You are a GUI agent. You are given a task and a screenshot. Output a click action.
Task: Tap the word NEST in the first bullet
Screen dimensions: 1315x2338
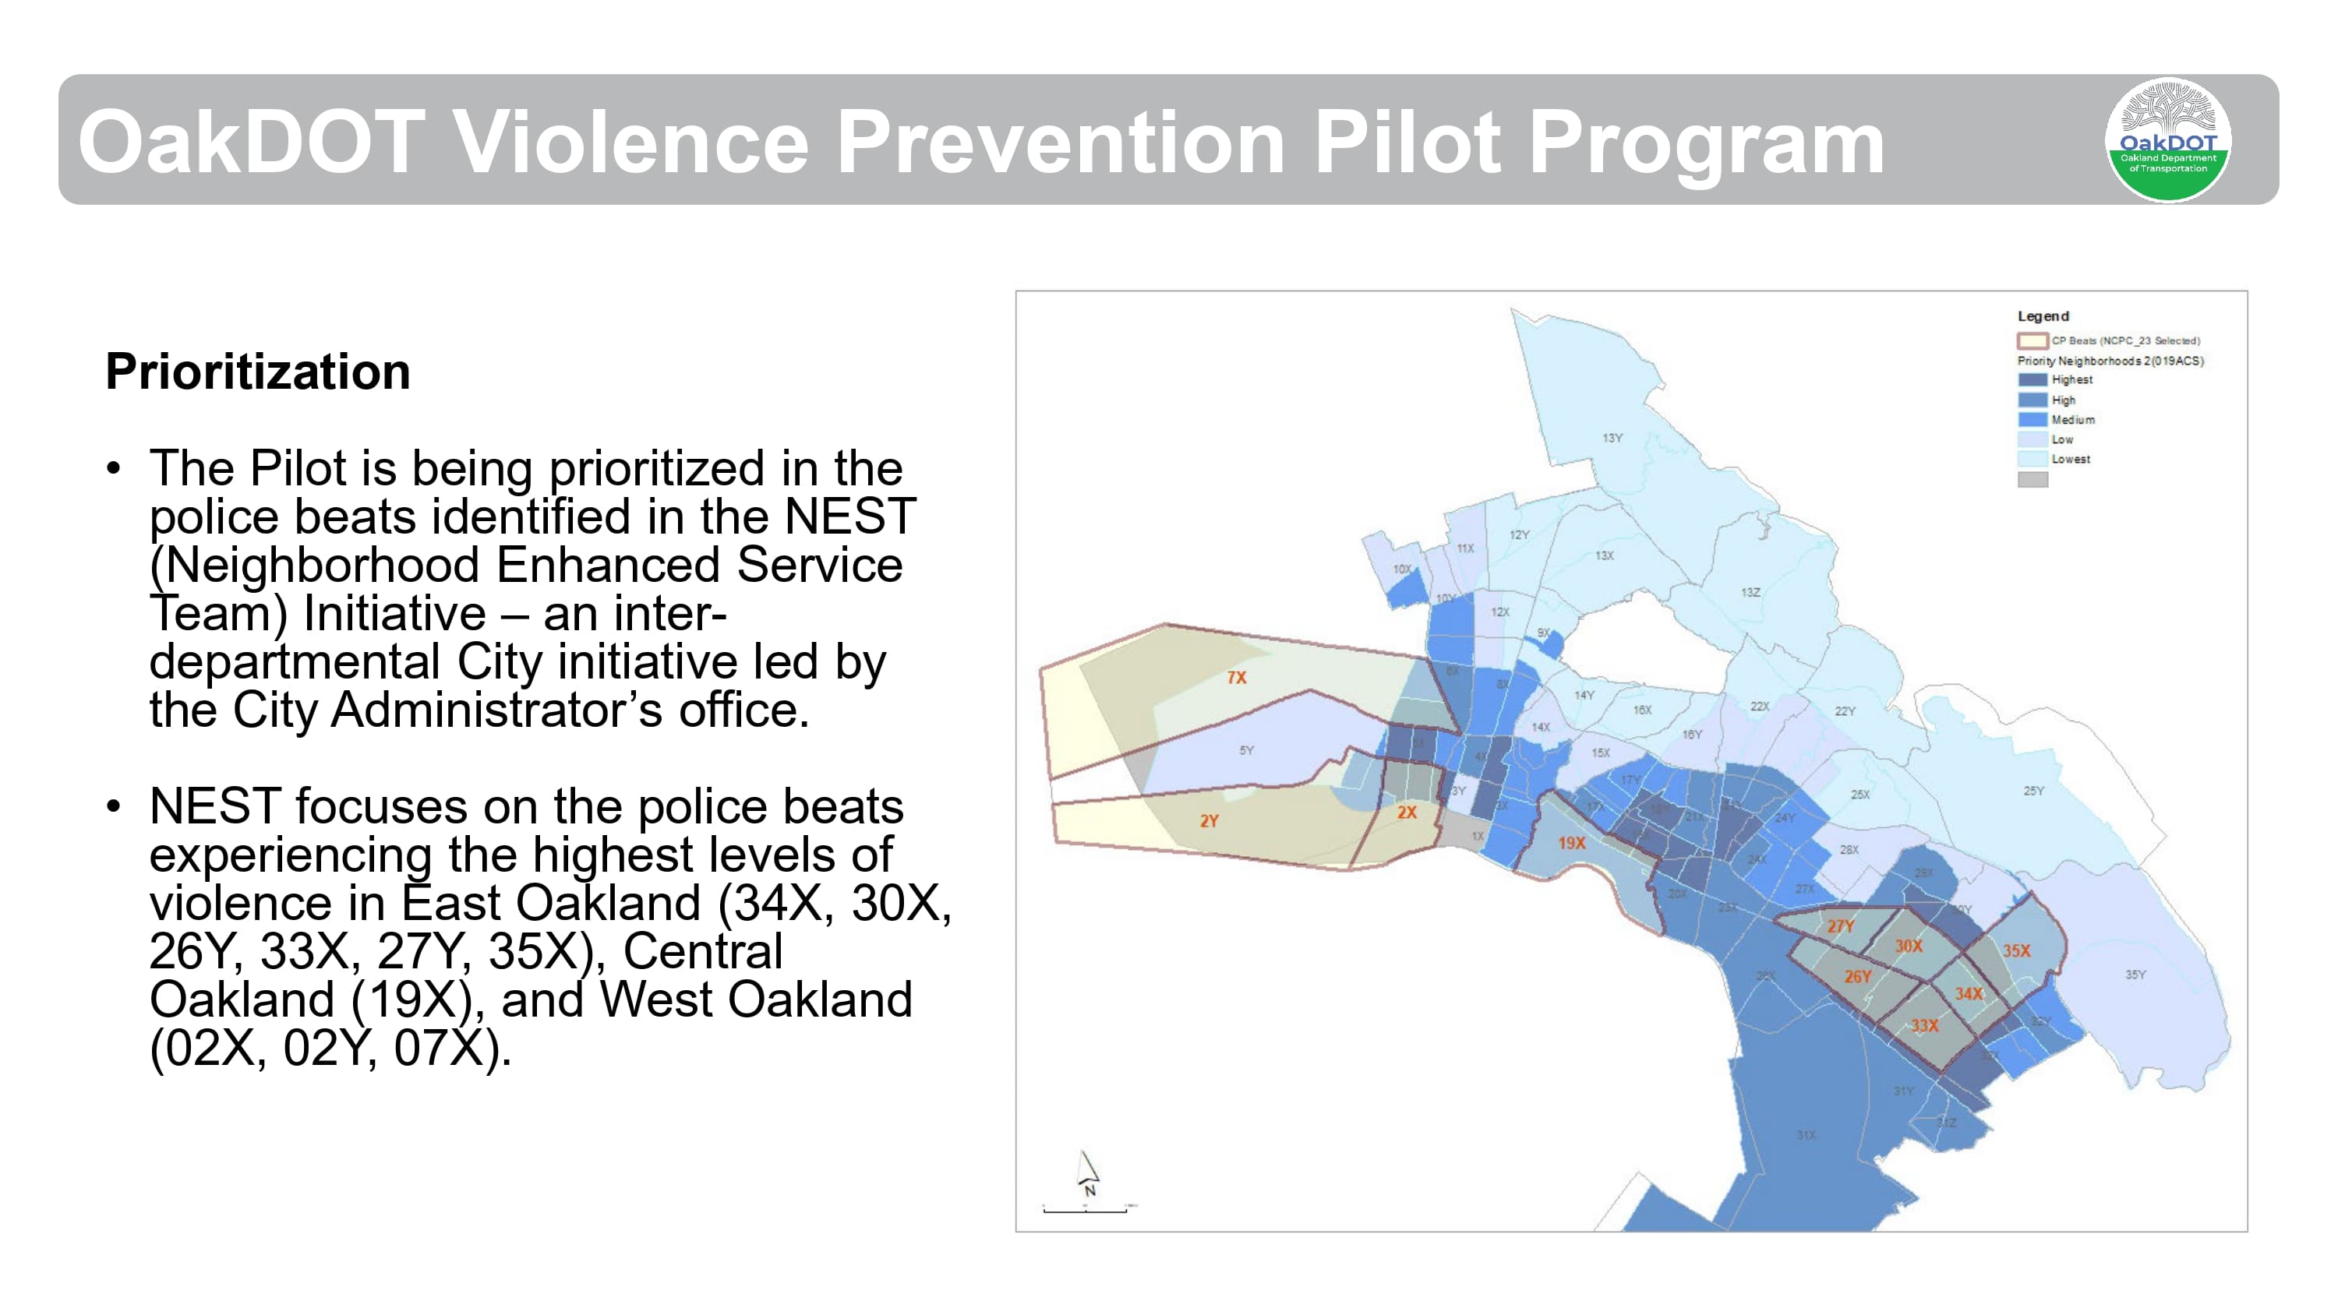click(849, 516)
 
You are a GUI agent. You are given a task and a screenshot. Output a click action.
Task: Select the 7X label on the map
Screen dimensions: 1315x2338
click(1236, 677)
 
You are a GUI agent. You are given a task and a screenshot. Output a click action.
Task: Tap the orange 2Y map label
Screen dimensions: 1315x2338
click(1209, 820)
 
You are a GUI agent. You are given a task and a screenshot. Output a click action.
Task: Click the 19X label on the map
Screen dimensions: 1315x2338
click(1571, 842)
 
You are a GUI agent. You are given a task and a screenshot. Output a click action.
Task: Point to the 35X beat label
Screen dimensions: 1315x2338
click(2016, 950)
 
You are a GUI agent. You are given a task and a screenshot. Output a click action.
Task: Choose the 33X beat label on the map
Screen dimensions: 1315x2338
click(1924, 1025)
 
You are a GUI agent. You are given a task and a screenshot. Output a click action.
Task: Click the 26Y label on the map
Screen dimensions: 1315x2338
click(1857, 976)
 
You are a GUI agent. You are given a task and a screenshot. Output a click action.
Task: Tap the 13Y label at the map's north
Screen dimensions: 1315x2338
click(1612, 439)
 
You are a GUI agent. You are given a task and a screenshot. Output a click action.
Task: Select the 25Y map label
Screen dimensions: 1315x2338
click(2033, 791)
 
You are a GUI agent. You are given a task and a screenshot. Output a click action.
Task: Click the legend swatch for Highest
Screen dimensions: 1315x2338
click(2033, 379)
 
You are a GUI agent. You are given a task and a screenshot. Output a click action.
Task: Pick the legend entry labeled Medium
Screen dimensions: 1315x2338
click(2072, 419)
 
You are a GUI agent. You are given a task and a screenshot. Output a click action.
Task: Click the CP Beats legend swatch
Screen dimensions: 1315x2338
click(2033, 340)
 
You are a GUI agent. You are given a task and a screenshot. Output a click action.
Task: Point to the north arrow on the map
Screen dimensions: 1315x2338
click(1087, 1173)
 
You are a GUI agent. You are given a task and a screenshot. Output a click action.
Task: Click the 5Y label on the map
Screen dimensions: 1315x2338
click(1246, 750)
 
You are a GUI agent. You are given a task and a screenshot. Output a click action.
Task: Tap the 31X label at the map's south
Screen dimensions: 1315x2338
click(1806, 1135)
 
